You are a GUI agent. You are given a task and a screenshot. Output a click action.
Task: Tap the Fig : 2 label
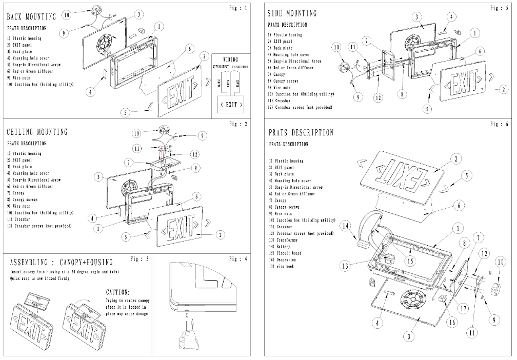tap(238, 124)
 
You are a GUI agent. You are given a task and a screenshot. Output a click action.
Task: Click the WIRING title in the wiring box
tap(231, 59)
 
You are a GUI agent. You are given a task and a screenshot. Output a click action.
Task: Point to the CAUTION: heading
tap(121, 292)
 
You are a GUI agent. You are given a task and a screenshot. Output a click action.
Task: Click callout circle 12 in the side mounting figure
tap(377, 97)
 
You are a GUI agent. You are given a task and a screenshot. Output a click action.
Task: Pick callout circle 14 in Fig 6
tap(346, 225)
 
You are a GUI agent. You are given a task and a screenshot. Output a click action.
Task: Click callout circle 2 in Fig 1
tap(204, 56)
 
